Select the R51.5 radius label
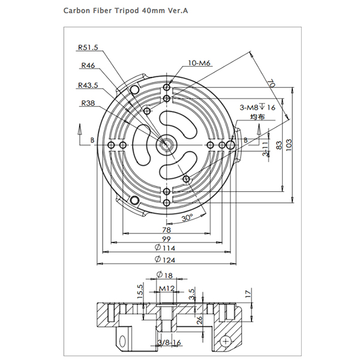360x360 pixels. [88, 48]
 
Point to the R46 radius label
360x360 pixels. [88, 66]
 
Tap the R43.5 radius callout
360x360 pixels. [88, 85]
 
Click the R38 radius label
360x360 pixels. [88, 103]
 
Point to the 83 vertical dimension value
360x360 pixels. [280, 145]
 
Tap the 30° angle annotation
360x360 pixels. [189, 218]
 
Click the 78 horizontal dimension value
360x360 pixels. [166, 230]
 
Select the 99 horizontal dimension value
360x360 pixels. [166, 239]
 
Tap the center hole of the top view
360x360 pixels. [165, 145]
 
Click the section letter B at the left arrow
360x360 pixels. [92, 140]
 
